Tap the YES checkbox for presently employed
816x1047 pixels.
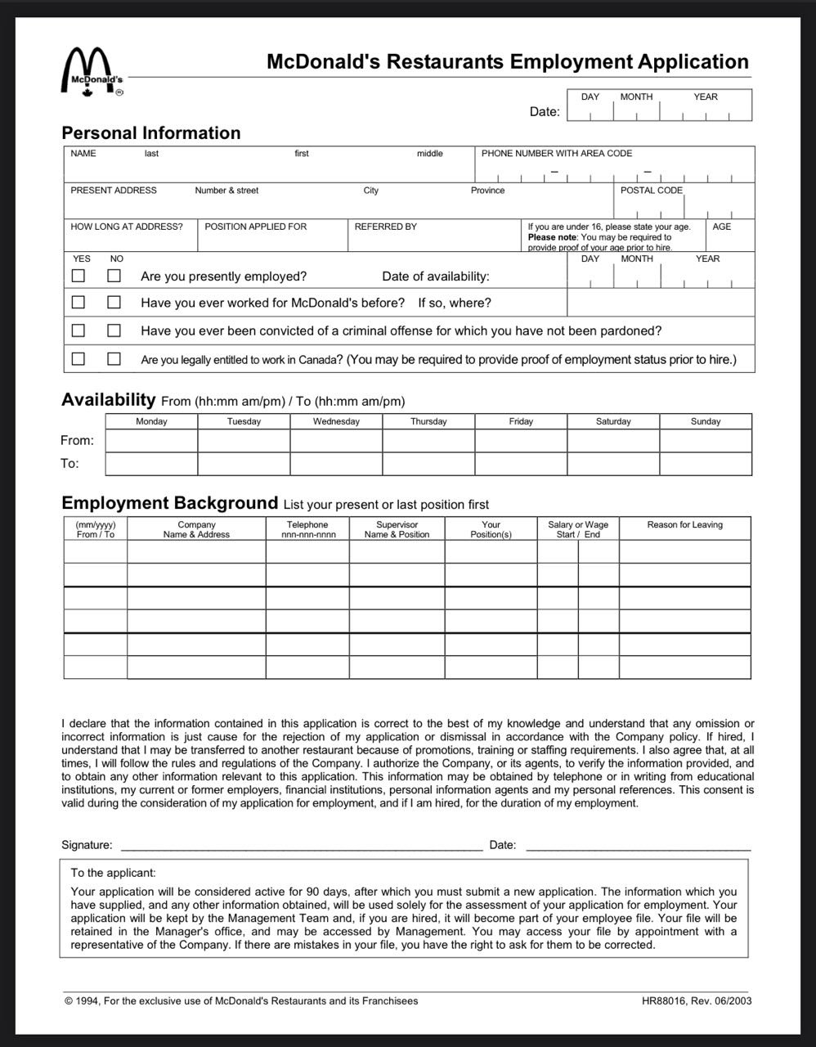pyautogui.click(x=78, y=276)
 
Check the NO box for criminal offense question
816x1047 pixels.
pyautogui.click(x=114, y=330)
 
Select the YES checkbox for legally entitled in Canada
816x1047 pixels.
pyautogui.click(x=78, y=358)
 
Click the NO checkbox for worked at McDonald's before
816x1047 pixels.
pyautogui.click(x=114, y=303)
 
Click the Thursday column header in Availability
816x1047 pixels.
pyautogui.click(x=428, y=421)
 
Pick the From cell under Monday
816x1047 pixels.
pyautogui.click(x=151, y=441)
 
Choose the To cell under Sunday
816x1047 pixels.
pyautogui.click(x=706, y=464)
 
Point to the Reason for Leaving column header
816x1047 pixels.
pyautogui.click(x=684, y=525)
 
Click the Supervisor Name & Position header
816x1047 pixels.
pyautogui.click(x=397, y=529)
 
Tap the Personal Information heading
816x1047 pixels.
pyautogui.click(x=151, y=133)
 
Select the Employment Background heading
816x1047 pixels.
pyautogui.click(x=170, y=503)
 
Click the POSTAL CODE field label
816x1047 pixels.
pyautogui.click(x=651, y=191)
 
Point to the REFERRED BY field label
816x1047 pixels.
pyautogui.click(x=385, y=227)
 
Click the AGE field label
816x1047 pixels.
pyautogui.click(x=721, y=227)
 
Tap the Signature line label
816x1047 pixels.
pyautogui.click(x=87, y=845)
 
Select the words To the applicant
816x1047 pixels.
pyautogui.click(x=113, y=873)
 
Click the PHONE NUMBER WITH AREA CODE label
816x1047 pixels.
pyautogui.click(x=556, y=154)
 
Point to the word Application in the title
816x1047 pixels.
pyautogui.click(x=693, y=62)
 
